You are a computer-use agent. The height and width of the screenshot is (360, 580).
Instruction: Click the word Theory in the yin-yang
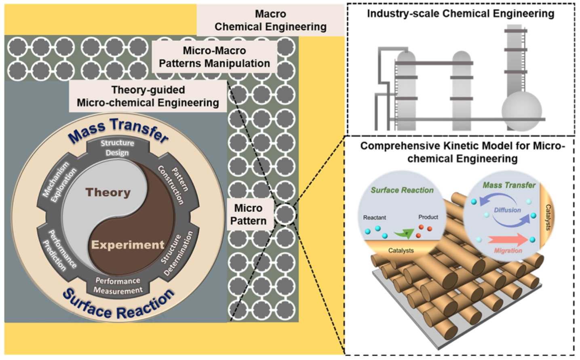[x=108, y=193]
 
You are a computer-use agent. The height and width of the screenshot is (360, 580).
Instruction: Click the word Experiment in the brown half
[x=128, y=245]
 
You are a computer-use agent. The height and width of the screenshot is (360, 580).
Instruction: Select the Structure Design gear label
[x=117, y=148]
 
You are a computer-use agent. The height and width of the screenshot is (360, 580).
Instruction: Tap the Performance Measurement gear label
[x=118, y=286]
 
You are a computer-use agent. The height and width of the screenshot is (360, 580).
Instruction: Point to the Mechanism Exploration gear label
[x=60, y=182]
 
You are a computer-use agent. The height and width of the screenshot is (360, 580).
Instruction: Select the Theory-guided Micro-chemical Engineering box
[x=148, y=96]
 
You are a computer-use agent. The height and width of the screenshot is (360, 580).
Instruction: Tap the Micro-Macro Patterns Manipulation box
[x=214, y=57]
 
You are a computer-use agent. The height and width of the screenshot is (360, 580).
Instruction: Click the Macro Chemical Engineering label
[x=270, y=20]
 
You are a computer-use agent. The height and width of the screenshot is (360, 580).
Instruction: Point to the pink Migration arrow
[x=508, y=240]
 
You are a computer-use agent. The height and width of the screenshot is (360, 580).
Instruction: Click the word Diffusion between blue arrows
[x=507, y=210]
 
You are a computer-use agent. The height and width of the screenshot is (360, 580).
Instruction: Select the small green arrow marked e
[x=404, y=234]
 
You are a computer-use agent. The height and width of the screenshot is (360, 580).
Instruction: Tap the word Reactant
[x=374, y=217]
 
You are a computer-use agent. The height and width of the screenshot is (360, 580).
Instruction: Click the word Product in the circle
[x=428, y=217]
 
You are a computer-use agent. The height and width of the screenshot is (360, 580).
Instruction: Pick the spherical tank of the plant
[x=521, y=111]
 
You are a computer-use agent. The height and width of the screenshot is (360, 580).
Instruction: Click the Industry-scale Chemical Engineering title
[x=461, y=13]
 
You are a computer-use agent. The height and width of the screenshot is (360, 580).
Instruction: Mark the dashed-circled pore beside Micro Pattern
[x=285, y=214]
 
